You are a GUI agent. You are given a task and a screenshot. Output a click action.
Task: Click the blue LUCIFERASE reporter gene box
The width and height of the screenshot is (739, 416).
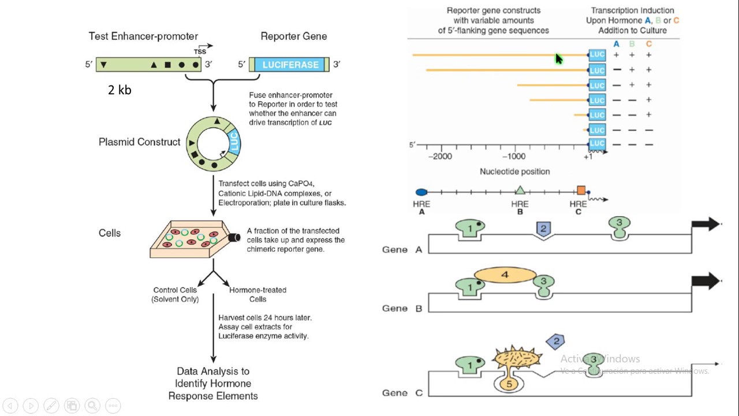coord(290,65)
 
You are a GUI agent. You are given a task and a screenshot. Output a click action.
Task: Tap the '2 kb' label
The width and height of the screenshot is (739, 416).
coord(120,90)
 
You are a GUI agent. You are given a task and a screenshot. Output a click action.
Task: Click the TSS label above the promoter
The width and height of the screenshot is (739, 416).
coord(200,51)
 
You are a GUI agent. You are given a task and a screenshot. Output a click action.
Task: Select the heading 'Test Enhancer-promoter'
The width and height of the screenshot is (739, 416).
coord(143,36)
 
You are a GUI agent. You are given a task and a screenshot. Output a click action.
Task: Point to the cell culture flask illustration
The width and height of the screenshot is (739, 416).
coord(191,237)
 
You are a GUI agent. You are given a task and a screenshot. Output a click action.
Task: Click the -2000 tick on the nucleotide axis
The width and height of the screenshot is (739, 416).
coord(442,156)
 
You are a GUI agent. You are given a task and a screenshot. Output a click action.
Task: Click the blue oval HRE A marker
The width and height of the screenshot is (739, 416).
coord(421,192)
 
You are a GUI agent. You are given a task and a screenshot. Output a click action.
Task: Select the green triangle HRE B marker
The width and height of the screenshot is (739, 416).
coord(520,190)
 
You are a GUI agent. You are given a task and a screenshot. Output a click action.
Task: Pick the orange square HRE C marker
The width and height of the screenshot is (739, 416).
coord(581,190)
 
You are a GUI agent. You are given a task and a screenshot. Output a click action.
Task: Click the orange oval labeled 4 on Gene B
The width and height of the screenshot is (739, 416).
coord(505,276)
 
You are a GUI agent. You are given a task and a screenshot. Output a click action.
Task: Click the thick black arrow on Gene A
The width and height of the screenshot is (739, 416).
coord(705,224)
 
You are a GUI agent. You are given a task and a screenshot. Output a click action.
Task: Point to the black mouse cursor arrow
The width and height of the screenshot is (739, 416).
coord(558,59)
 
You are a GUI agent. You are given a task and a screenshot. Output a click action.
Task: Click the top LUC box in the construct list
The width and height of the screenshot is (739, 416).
coord(597,55)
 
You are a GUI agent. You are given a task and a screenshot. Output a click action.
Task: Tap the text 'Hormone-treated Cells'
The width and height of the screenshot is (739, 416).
coord(257,294)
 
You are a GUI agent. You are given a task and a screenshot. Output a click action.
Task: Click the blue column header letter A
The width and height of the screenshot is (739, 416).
coord(616,44)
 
